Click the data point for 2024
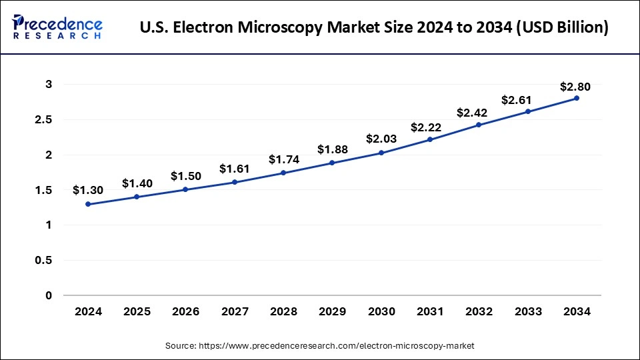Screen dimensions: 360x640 89,204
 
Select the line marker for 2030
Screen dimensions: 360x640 381,153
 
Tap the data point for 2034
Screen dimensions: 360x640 576,98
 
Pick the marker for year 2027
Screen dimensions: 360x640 235,182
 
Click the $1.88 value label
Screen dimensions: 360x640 332,149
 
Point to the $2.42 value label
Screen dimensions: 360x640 479,113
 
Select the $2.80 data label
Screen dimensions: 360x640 575,87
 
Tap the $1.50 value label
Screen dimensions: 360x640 185,176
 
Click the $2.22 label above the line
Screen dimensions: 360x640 430,127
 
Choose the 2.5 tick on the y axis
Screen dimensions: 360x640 45,120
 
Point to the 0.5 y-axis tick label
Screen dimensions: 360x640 45,261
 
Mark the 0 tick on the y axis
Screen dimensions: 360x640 49,295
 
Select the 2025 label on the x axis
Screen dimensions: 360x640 137,311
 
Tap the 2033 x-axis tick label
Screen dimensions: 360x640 527,311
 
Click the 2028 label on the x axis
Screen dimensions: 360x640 283,311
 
